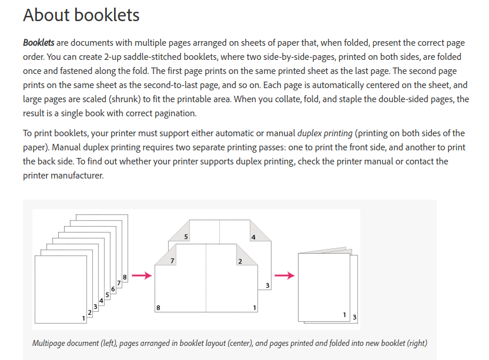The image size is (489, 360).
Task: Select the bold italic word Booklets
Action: pos(39,43)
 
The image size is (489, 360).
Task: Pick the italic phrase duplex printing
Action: pos(326,133)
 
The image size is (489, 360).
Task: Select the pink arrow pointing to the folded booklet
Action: pos(285,275)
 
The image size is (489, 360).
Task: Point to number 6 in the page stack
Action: pos(113,289)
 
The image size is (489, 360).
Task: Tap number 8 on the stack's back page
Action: pos(125,277)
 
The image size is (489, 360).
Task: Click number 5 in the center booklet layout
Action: pos(186,237)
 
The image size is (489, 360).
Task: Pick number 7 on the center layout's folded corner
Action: pos(172,261)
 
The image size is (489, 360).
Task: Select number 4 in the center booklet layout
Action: pos(253,237)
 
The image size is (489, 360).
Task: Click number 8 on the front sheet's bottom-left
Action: pos(158,308)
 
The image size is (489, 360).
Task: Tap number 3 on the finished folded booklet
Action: pos(354,318)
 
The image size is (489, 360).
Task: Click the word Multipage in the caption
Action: pos(51,343)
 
